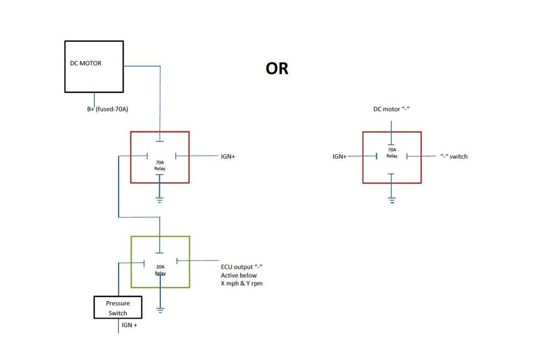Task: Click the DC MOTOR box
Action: [94, 66]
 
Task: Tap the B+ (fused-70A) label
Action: [108, 109]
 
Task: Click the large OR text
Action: [277, 69]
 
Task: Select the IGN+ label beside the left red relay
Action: [228, 156]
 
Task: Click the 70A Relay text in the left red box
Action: [159, 165]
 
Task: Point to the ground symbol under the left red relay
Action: [159, 200]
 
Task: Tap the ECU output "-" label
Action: [238, 267]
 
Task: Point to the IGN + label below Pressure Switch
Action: [130, 325]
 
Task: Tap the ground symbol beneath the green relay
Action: [160, 311]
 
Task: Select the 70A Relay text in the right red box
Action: [391, 153]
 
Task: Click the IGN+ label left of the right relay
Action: [339, 156]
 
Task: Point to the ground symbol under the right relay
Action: [391, 200]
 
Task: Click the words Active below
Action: [239, 275]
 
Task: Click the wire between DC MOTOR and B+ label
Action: [94, 99]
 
